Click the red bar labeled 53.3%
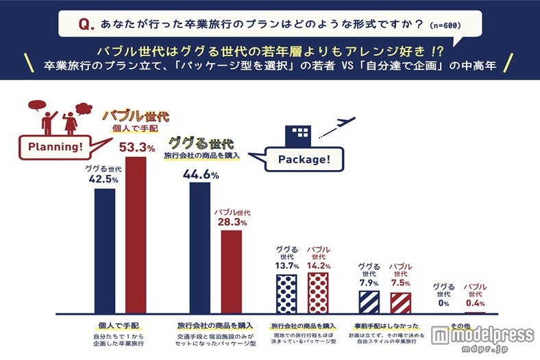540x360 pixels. click(136, 235)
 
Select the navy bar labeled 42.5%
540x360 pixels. click(104, 251)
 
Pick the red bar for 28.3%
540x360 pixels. click(231, 272)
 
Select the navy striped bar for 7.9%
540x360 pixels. click(369, 302)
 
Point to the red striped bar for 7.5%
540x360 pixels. click(400, 302)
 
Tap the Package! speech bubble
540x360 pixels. click(304, 160)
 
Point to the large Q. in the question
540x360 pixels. click(86, 25)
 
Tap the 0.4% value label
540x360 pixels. click(476, 303)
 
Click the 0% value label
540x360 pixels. click(443, 303)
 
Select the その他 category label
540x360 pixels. click(459, 324)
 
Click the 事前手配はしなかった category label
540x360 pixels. click(384, 325)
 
